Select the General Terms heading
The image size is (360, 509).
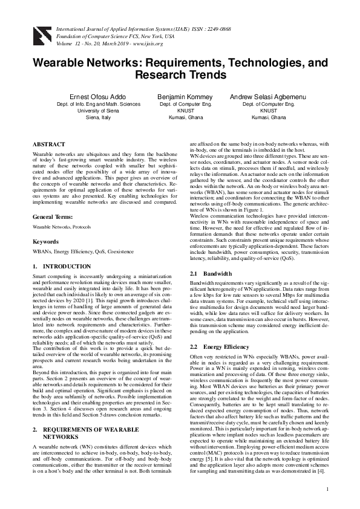(55, 216)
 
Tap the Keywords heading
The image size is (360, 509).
(46, 241)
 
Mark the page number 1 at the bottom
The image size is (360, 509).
(327, 488)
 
